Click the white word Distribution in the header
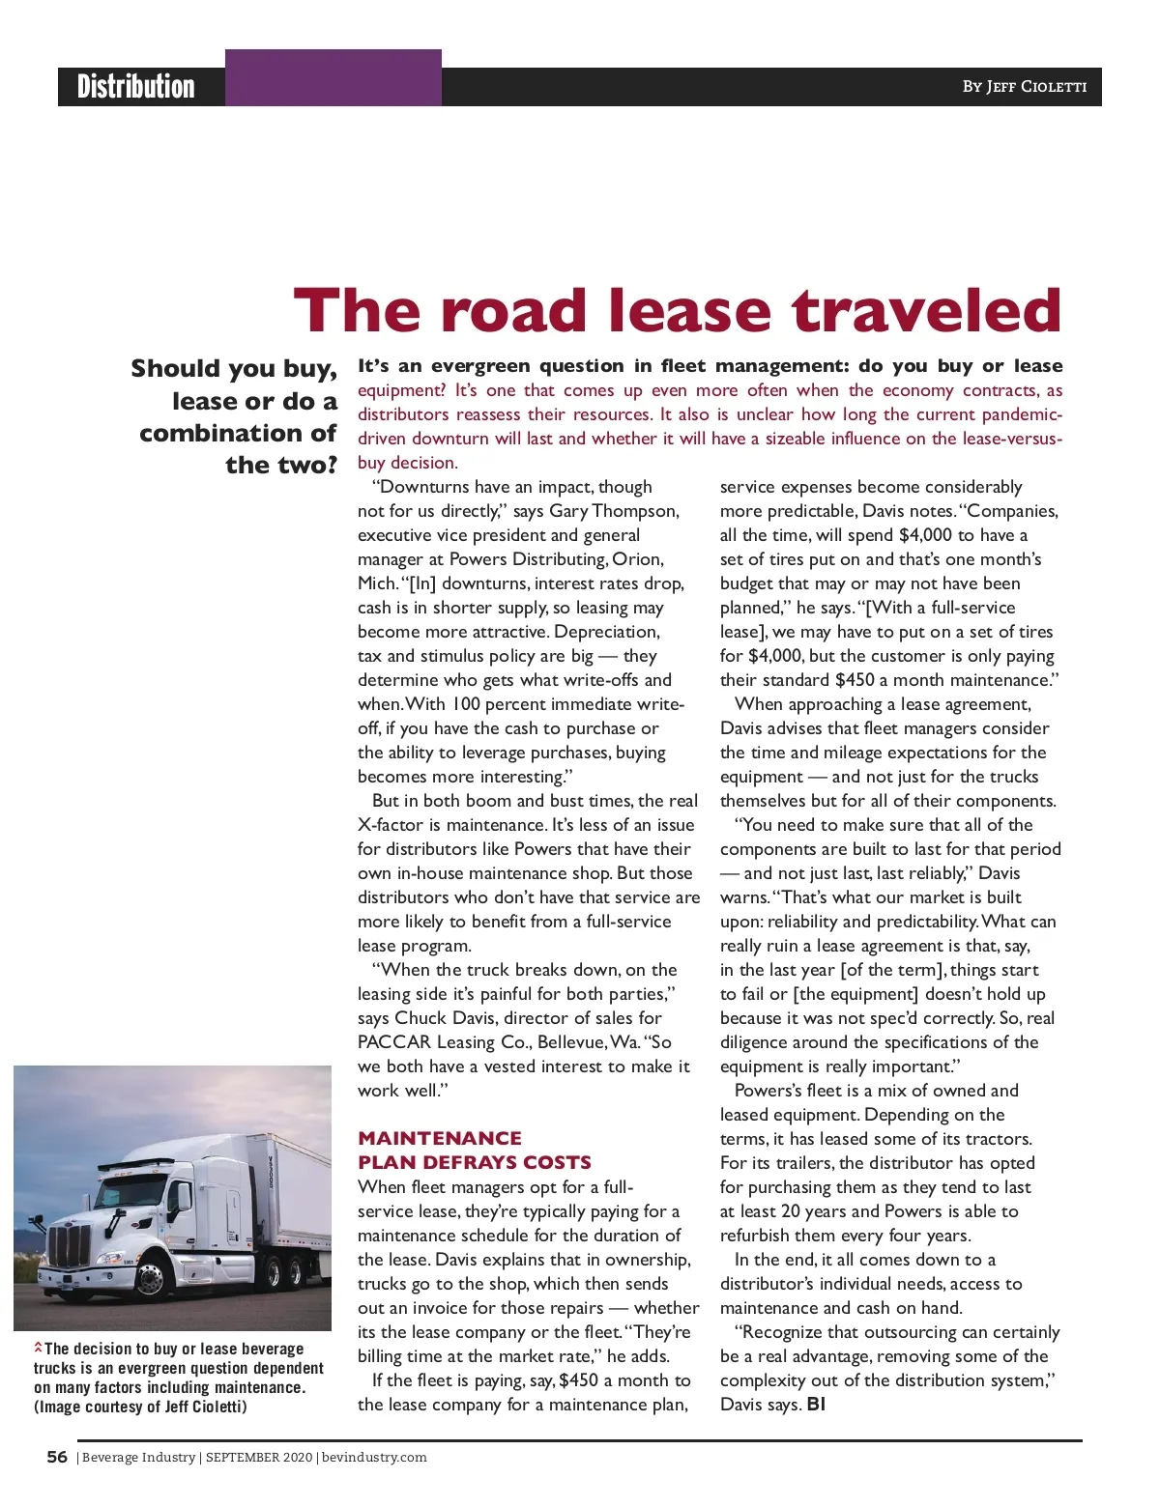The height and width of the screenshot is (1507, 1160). coord(136,87)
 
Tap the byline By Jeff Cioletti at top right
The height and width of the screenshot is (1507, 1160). coord(1024,87)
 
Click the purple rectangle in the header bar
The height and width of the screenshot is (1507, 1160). coord(333,78)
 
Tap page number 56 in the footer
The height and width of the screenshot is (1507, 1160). coord(57,1457)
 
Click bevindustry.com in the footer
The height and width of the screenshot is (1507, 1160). coord(374,1458)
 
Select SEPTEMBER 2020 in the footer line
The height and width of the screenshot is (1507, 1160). coord(258,1458)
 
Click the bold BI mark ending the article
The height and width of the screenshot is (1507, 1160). coord(816,1405)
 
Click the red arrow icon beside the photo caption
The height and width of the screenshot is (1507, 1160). coord(39,1347)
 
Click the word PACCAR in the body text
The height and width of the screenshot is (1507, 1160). coord(394,1042)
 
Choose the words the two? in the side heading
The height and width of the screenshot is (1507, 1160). coord(281,466)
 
